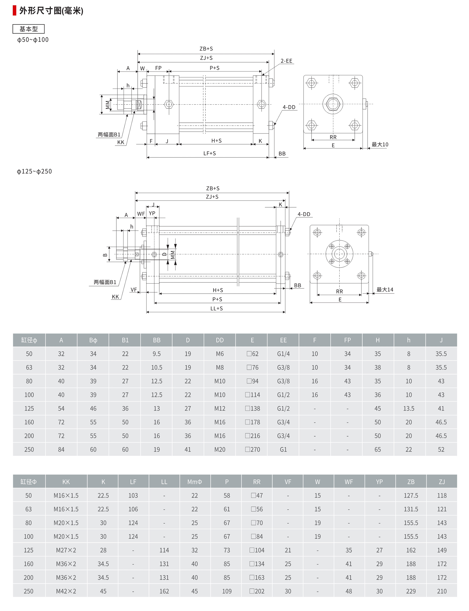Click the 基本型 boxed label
tap(28, 29)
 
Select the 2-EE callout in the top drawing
tap(286, 61)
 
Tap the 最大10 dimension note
tap(380, 145)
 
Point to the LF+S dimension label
tap(209, 153)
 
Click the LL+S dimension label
tap(216, 308)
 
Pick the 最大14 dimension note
tap(385, 290)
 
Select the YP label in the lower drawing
tap(152, 213)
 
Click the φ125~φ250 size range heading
tap(34, 171)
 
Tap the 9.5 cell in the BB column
tap(156, 354)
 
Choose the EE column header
tap(283, 340)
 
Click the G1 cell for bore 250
tap(283, 450)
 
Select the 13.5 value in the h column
tap(408, 409)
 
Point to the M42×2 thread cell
tap(66, 591)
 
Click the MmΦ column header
tap(194, 482)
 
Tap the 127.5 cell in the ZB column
tap(411, 496)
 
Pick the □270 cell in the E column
tap(252, 450)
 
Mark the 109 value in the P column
tap(227, 591)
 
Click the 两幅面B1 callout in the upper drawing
tap(109, 135)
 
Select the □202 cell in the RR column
tap(257, 591)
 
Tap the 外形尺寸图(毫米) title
tap(51, 11)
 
